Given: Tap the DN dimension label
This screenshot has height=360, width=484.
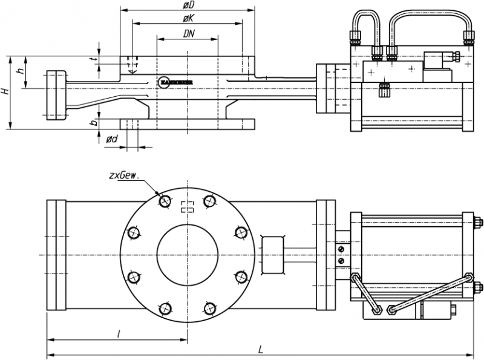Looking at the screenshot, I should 188,34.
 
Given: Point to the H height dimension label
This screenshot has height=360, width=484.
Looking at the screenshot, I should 5,92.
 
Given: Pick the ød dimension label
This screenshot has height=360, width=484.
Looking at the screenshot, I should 113,139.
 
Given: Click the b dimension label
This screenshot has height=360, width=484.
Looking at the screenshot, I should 93,123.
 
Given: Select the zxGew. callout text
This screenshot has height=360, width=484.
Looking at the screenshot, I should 124,175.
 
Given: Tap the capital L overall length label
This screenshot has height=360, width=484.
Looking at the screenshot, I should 260,349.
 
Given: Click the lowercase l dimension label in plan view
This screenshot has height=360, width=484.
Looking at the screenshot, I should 119,333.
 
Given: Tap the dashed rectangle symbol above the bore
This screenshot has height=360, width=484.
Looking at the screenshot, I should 188,206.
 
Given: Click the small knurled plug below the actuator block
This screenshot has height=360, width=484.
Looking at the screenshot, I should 384,90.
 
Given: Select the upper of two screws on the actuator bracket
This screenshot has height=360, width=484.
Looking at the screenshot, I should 342,249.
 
